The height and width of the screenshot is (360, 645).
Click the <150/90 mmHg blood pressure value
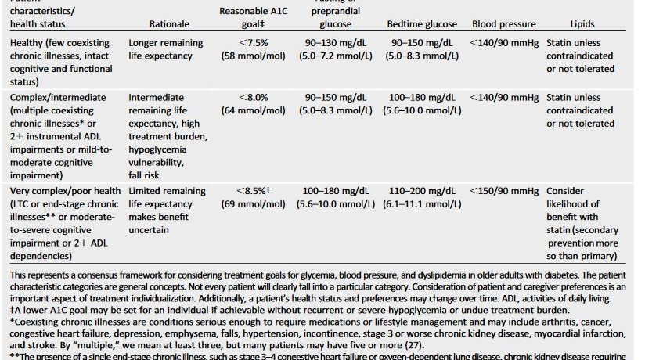click(x=504, y=191)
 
